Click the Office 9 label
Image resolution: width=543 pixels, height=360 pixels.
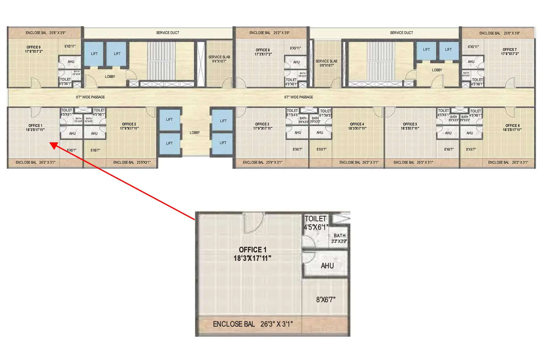pos(34,49)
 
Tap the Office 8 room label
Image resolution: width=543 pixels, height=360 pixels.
pos(263,52)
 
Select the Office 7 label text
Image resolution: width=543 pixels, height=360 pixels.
pos(510,51)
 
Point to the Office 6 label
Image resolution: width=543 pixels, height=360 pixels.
pos(512,127)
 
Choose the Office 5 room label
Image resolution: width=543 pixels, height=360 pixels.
pos(410,126)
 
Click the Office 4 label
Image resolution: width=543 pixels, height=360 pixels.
pos(357,126)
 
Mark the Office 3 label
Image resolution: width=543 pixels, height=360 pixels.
pos(262,126)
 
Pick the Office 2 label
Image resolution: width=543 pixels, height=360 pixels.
pos(129,126)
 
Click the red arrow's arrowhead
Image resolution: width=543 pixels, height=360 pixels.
pos(53,145)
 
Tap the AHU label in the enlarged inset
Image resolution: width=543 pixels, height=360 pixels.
pos(327,266)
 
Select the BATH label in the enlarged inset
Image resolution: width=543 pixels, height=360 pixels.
pos(340,236)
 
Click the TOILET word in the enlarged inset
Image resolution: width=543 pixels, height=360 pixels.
pos(315,219)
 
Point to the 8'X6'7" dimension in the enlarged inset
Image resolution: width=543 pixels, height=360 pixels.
pos(325,300)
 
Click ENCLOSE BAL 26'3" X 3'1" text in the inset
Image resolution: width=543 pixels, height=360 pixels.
pos(253,324)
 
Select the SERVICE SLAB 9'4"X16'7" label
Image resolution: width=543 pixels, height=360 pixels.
pos(219,59)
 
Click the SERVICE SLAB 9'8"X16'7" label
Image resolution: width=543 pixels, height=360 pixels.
pos(326,63)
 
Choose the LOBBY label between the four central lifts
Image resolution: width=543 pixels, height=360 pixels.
pos(195,133)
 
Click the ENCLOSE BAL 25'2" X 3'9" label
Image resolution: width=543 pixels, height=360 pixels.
pos(269,33)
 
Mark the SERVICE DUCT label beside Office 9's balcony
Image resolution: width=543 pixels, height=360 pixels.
pos(168,33)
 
